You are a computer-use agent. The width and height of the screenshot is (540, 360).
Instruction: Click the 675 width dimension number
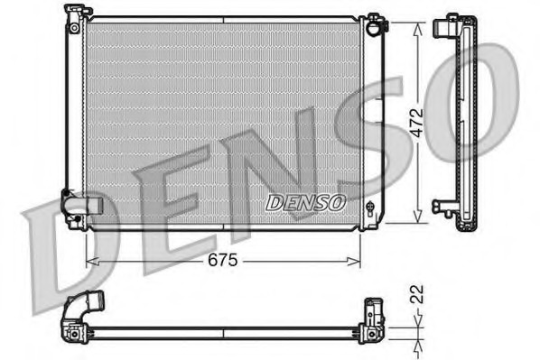222,261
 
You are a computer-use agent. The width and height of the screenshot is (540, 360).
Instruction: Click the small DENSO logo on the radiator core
305,203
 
